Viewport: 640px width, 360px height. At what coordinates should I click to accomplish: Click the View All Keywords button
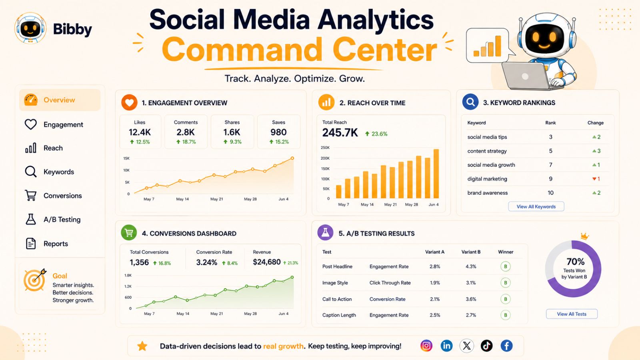pos(536,206)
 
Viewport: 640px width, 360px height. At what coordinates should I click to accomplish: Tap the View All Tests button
pos(572,314)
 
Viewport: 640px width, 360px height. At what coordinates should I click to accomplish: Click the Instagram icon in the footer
pos(426,346)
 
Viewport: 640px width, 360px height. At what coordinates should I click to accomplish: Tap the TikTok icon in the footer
pos(486,346)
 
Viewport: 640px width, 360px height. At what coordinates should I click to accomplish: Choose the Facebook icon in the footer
pos(506,346)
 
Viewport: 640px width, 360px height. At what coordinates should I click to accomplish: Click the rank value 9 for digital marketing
pos(550,179)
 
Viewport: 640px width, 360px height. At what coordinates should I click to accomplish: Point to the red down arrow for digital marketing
pos(594,179)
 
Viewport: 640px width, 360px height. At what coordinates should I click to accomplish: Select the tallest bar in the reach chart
pos(436,174)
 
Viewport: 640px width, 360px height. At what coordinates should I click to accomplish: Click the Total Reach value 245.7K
pos(340,133)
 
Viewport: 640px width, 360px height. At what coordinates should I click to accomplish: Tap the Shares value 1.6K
pos(232,132)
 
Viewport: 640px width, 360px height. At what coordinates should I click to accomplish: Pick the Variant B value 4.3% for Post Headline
pos(471,266)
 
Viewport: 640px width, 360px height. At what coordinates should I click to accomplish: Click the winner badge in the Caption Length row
pos(506,315)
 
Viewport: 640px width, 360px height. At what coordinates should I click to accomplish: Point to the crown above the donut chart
pos(585,236)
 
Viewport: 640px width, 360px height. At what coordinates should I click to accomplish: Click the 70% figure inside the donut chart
pos(576,262)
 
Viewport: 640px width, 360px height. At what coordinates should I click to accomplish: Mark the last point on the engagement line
pos(292,158)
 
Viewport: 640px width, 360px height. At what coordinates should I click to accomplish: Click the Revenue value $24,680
pos(266,262)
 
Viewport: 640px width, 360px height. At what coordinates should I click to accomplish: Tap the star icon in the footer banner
pos(142,346)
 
